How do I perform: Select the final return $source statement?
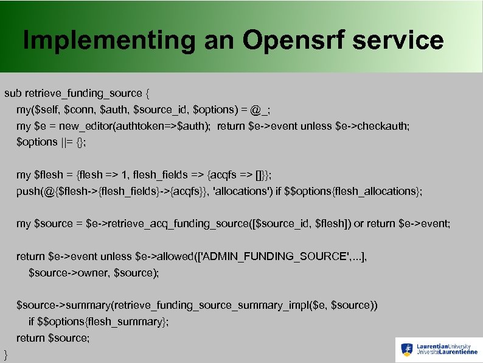(x=53, y=338)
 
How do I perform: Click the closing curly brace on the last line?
(x=6, y=354)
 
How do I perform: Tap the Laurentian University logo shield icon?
(x=407, y=350)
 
